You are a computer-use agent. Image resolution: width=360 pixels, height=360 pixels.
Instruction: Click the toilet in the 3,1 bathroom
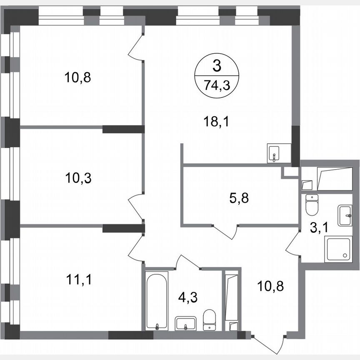(311, 204)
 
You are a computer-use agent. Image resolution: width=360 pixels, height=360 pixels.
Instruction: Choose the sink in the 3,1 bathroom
(345, 215)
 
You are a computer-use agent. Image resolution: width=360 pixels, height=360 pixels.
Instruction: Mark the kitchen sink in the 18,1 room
(275, 153)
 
